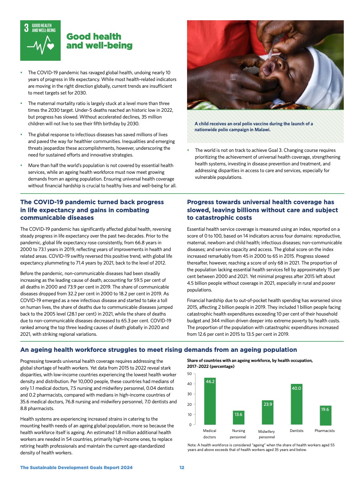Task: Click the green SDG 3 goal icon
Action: tap(40, 40)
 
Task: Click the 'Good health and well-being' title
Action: tap(99, 41)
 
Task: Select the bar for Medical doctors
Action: tap(210, 401)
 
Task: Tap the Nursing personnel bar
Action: tap(239, 418)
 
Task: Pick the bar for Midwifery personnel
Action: tap(267, 412)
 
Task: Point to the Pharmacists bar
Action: tap(325, 415)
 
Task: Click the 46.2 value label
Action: tap(210, 381)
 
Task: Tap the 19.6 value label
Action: tap(325, 409)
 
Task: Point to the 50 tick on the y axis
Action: tap(189, 374)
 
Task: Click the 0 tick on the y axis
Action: tap(190, 424)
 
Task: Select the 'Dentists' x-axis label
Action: tap(297, 431)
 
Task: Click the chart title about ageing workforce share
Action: tap(250, 364)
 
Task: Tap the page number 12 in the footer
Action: tap(182, 467)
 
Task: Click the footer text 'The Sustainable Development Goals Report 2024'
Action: tap(76, 467)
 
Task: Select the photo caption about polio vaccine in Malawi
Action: tap(254, 127)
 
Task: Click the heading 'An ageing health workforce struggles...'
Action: tap(158, 350)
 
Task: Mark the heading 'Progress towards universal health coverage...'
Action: tap(262, 210)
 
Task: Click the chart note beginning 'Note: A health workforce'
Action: tap(261, 448)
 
